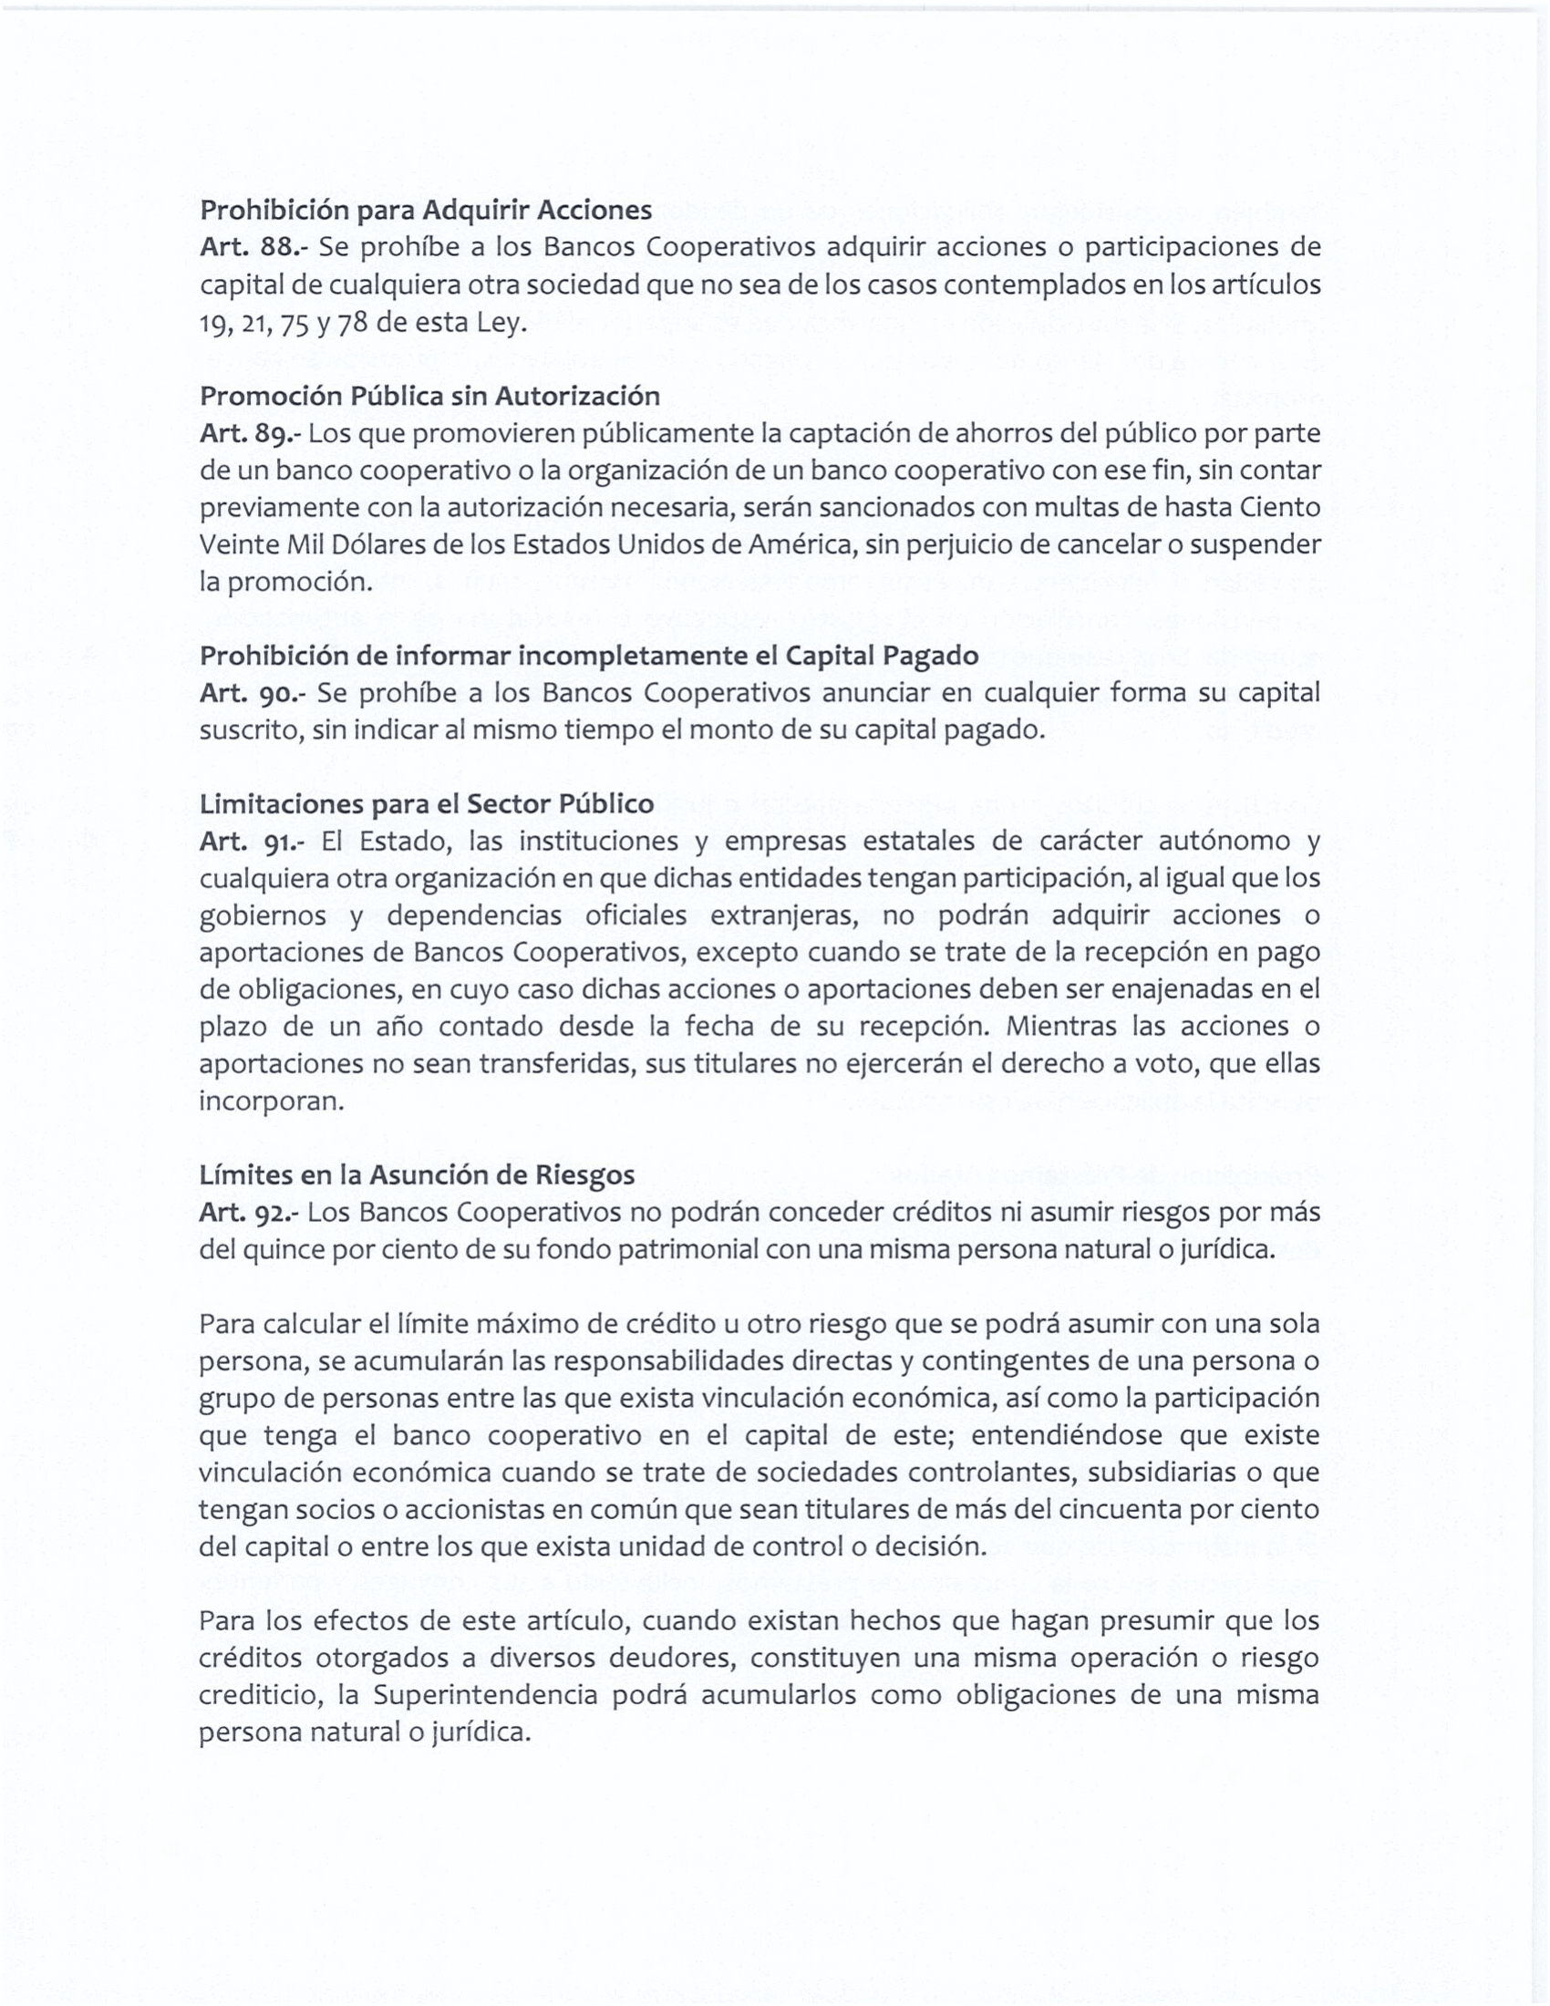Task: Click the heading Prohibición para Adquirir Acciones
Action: pos(425,211)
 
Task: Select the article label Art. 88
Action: pos(250,247)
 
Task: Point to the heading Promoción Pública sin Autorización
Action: pos(429,396)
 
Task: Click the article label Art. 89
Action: pos(249,433)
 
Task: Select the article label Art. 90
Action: pos(249,693)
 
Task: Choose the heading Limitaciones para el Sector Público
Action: pos(426,803)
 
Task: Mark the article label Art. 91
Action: pos(250,842)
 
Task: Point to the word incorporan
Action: pos(271,1101)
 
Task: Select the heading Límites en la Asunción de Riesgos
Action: pos(417,1174)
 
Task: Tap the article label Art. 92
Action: pos(248,1213)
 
